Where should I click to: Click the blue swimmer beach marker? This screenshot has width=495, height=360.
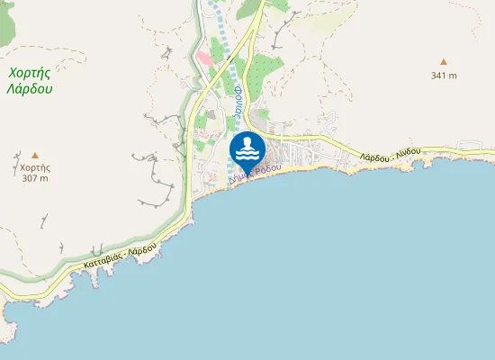(247, 149)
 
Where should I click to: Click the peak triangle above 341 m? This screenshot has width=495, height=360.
(443, 62)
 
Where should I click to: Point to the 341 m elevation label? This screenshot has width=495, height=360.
(443, 76)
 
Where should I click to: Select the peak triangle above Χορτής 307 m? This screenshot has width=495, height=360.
(35, 155)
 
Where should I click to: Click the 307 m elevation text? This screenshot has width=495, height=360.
(35, 178)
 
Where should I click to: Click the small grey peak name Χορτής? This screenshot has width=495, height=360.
(35, 167)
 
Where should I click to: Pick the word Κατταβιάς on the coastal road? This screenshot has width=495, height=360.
(101, 263)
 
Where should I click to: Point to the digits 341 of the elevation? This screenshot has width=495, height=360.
(438, 76)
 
